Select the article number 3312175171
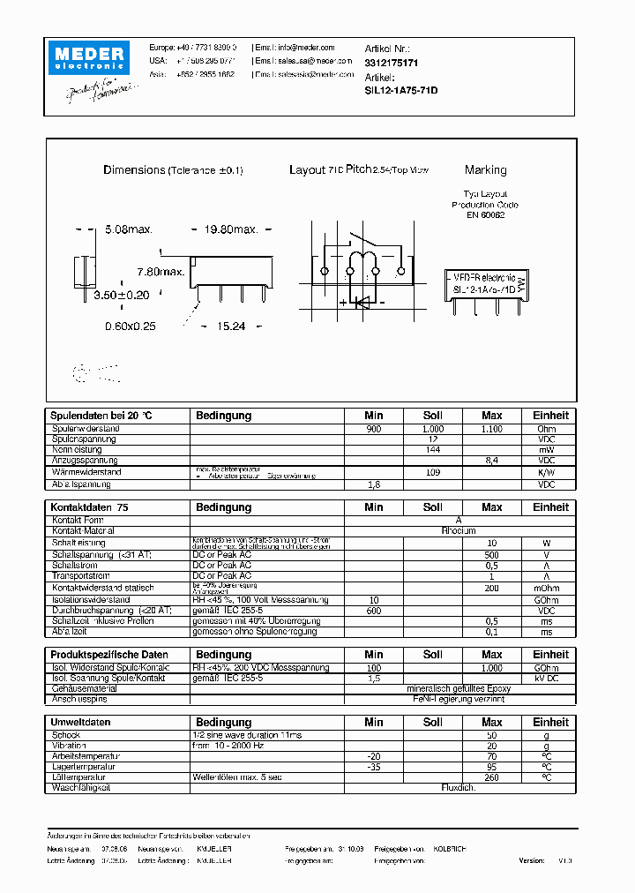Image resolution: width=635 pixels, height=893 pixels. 392,64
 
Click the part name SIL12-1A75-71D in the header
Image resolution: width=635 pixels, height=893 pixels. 401,91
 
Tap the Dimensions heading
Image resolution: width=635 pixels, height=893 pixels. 134,170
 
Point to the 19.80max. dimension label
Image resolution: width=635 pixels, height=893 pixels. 231,229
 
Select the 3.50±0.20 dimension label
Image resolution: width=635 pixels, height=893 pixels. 121,296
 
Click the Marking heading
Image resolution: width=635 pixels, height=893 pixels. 485,170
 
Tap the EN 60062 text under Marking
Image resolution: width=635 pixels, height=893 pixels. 485,214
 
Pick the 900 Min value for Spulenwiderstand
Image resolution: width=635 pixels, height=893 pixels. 374,429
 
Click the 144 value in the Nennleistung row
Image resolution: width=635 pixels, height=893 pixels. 433,450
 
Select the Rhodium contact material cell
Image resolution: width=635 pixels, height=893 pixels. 459,531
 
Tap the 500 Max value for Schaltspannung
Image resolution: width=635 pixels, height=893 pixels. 492,554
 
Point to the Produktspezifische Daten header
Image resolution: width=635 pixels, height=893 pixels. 109,655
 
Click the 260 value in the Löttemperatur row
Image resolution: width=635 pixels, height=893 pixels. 492,777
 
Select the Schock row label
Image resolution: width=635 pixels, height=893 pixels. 66,735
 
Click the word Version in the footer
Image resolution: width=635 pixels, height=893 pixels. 532,859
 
